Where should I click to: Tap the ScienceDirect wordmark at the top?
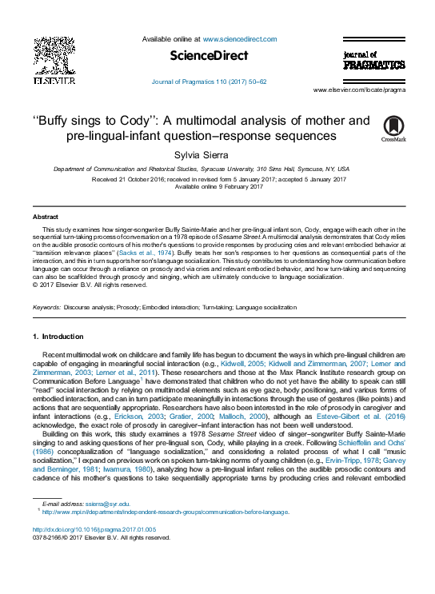pyautogui.click(x=210, y=56)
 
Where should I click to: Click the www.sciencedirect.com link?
pyautogui.click(x=240, y=39)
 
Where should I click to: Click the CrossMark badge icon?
pyautogui.click(x=393, y=128)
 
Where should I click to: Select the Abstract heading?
pyautogui.click(x=45, y=217)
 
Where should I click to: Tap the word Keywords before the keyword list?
pyautogui.click(x=47, y=307)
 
